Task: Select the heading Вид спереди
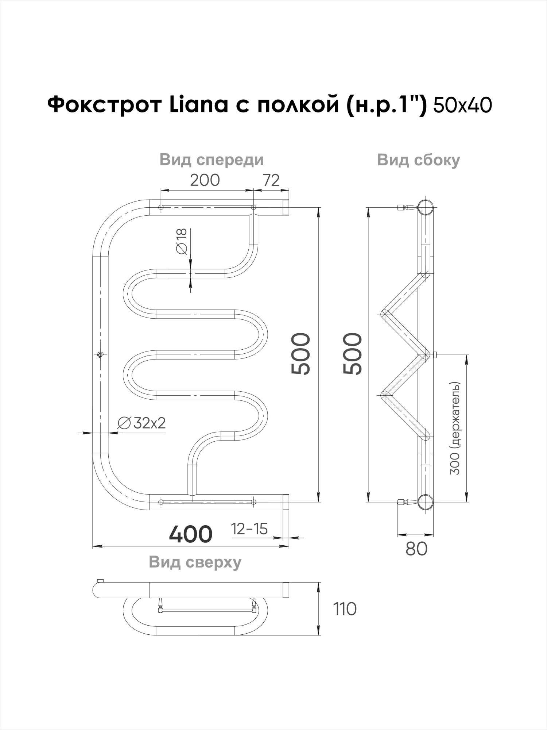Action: pyautogui.click(x=212, y=160)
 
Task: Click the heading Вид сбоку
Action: pyautogui.click(x=419, y=160)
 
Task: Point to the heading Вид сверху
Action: pyautogui.click(x=195, y=562)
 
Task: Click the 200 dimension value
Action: pyautogui.click(x=205, y=180)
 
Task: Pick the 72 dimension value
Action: pyautogui.click(x=271, y=180)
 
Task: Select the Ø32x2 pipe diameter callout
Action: pyautogui.click(x=141, y=423)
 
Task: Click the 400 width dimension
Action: pyautogui.click(x=191, y=534)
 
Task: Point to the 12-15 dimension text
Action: pyautogui.click(x=249, y=529)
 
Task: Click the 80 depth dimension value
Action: pyautogui.click(x=416, y=549)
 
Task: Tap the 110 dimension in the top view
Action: pyautogui.click(x=345, y=609)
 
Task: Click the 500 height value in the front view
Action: pyautogui.click(x=301, y=354)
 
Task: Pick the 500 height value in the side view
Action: pyautogui.click(x=353, y=354)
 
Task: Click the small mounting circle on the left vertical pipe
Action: pyautogui.click(x=101, y=354)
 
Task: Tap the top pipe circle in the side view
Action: pyautogui.click(x=426, y=208)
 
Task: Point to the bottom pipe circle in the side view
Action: pyautogui.click(x=426, y=502)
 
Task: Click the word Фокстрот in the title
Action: pyautogui.click(x=105, y=105)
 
